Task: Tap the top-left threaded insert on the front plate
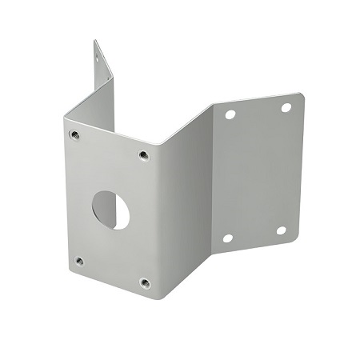[74, 134]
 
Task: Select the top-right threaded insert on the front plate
[144, 154]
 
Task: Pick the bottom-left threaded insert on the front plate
[78, 260]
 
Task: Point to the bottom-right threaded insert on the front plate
[145, 282]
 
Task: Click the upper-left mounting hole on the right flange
[230, 114]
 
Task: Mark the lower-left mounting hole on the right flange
[228, 238]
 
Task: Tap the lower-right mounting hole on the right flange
[281, 230]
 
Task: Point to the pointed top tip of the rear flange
[94, 40]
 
